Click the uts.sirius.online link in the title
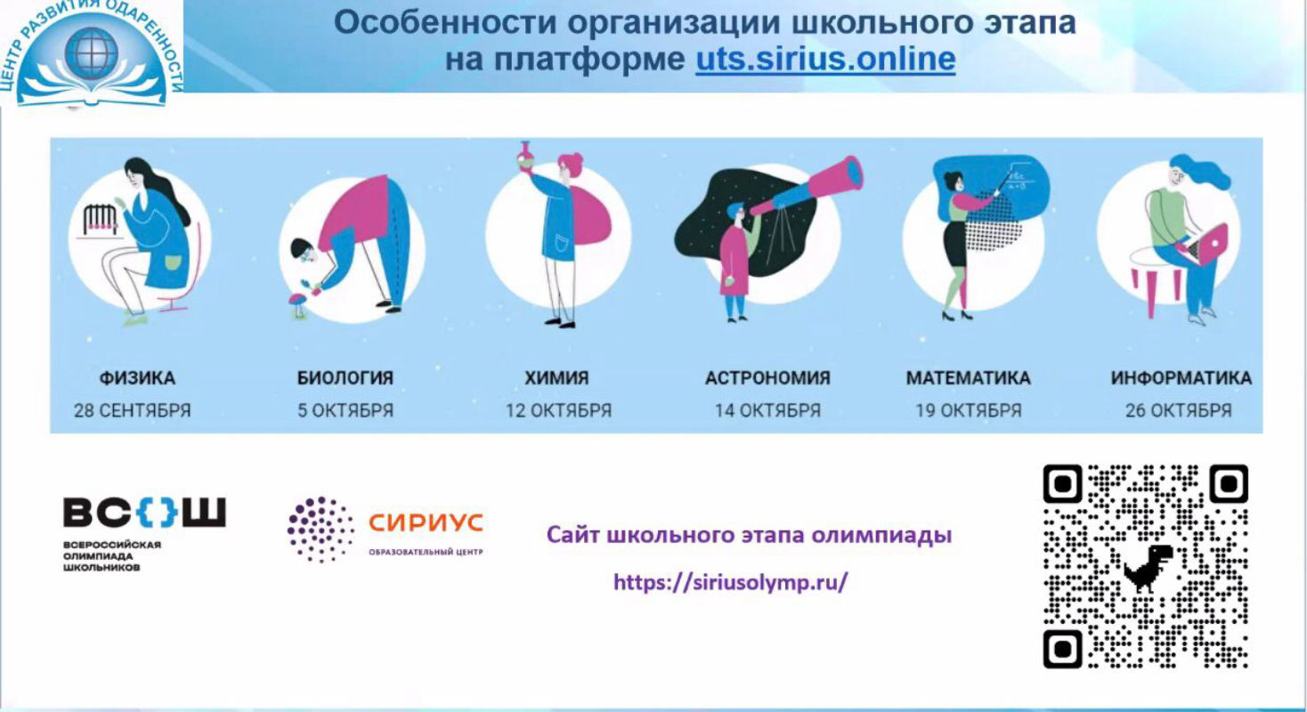coord(825,59)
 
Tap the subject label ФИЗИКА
coord(137,378)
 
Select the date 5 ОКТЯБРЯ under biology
coord(345,410)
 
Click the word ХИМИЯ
coord(556,378)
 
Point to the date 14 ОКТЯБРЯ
coord(767,410)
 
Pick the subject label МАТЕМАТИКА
coord(968,378)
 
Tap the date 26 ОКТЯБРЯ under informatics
coord(1179,410)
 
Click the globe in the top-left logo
coord(91,53)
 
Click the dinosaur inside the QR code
coord(1147,568)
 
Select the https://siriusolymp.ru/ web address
coord(731,582)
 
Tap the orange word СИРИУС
coord(426,522)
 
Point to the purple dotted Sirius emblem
coord(321,529)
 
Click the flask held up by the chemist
coord(525,156)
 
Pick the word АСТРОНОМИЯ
coord(767,378)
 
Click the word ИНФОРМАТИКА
coord(1181,378)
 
